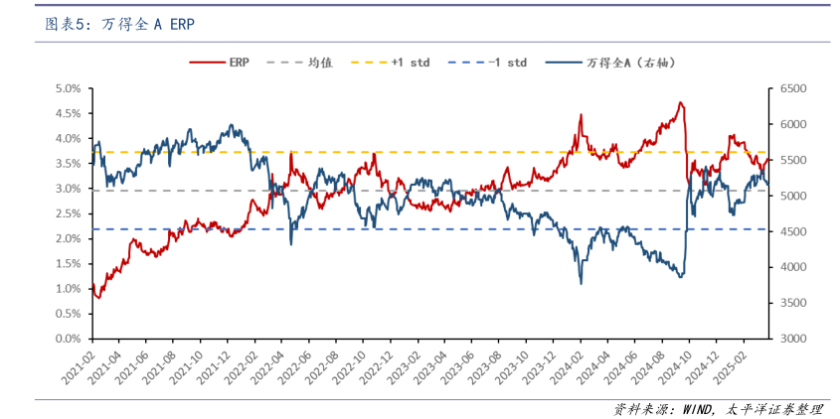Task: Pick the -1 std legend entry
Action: click(507, 63)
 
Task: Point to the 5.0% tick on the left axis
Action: click(68, 88)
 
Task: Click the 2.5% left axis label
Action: click(68, 213)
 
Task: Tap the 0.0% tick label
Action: click(68, 339)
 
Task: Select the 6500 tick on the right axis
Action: click(791, 88)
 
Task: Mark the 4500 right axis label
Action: click(791, 231)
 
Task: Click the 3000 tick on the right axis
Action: click(791, 339)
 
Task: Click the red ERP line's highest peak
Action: click(680, 102)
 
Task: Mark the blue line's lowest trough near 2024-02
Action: click(582, 283)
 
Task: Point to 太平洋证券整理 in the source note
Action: click(775, 408)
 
